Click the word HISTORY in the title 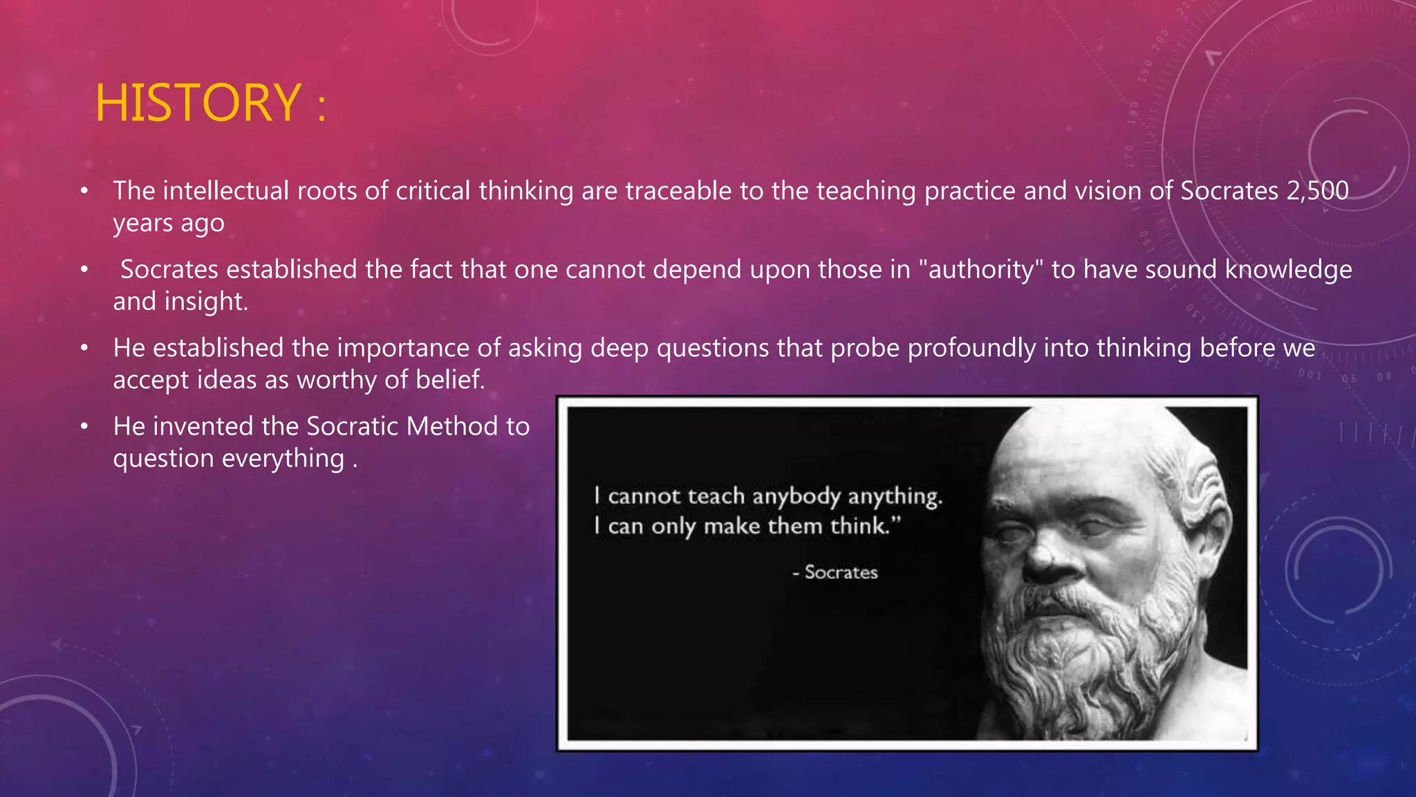click(x=198, y=104)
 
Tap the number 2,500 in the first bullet click(x=1317, y=191)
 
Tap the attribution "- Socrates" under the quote click(x=835, y=572)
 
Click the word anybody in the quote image click(x=796, y=497)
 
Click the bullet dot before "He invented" click(x=84, y=427)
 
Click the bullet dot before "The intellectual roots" click(x=84, y=191)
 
